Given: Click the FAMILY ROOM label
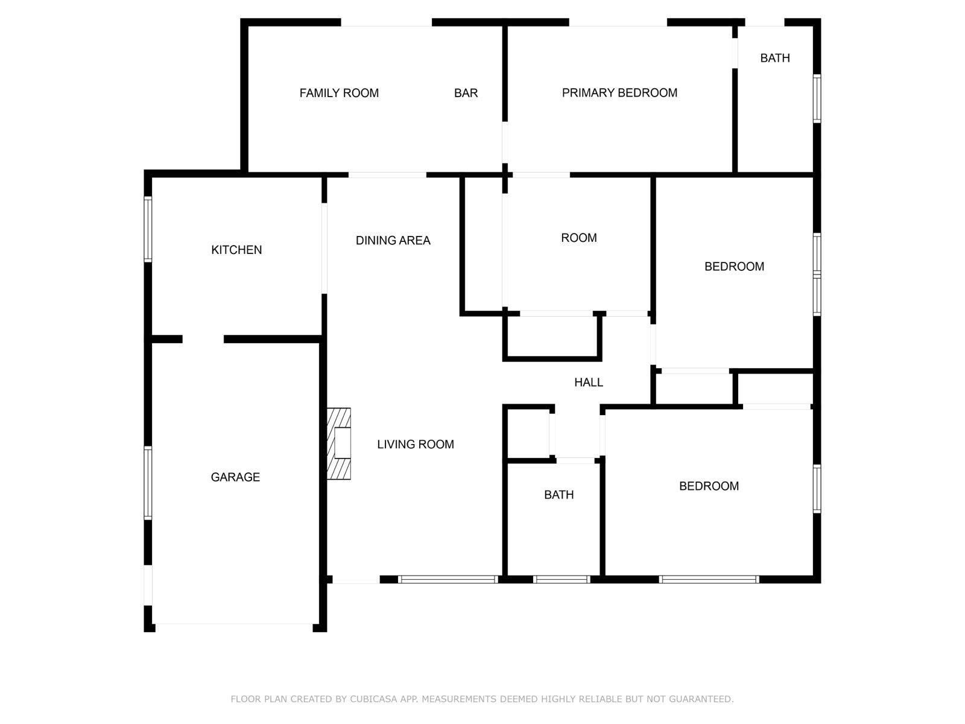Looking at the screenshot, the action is click(x=339, y=93).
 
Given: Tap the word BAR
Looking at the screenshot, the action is click(x=466, y=93).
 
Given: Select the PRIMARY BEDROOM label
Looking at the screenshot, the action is click(x=619, y=93).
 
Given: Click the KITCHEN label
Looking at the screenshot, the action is click(x=236, y=250).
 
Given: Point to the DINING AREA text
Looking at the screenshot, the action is click(x=393, y=241).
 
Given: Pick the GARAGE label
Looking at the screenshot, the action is click(x=235, y=477).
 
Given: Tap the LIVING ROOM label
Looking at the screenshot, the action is click(x=416, y=445).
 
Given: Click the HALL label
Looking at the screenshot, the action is click(x=589, y=383).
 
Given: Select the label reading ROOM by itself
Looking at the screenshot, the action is click(x=579, y=238).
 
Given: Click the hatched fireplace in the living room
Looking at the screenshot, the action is click(x=338, y=443).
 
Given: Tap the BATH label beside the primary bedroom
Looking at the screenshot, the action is click(x=775, y=58).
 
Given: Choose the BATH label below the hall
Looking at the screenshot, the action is click(x=558, y=495).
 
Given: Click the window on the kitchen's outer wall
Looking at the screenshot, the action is click(x=148, y=229).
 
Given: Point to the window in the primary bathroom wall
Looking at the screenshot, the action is click(x=817, y=98).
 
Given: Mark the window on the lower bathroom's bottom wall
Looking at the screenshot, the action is click(x=562, y=579).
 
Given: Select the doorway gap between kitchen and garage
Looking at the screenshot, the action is click(x=203, y=339).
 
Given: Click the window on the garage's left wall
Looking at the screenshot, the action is click(x=148, y=483).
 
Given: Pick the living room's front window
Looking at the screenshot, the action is click(x=448, y=579).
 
